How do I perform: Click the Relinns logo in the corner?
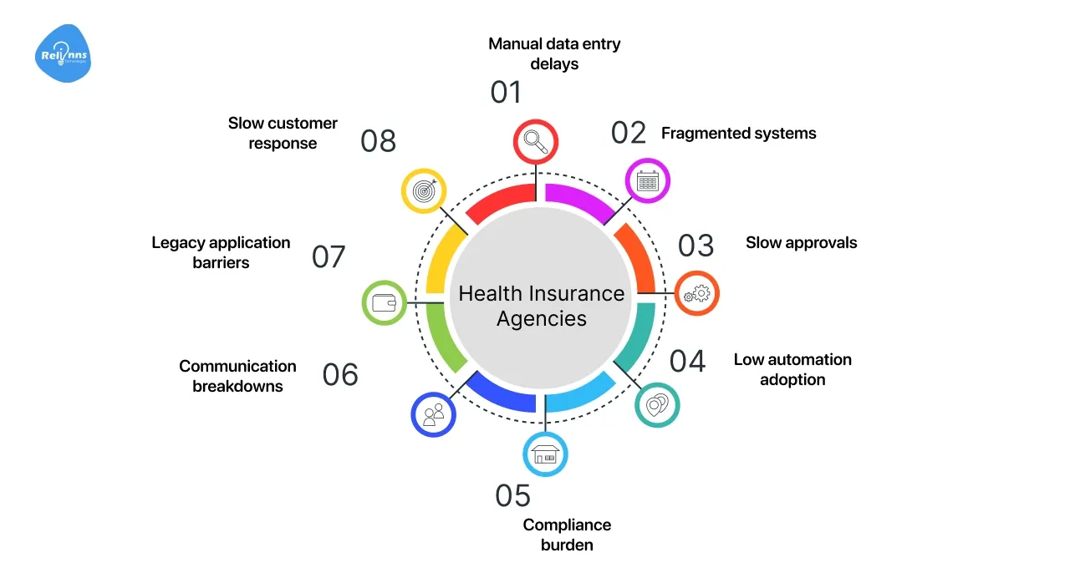[64, 54]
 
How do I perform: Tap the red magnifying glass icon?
[534, 142]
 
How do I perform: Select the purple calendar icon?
[648, 180]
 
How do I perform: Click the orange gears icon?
[696, 293]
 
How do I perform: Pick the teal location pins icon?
[657, 405]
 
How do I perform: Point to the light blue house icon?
[545, 454]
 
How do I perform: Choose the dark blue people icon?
[433, 413]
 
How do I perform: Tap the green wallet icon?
[385, 302]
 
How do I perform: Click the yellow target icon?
[424, 190]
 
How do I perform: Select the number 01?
[506, 93]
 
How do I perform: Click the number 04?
[688, 361]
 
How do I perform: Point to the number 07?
[329, 256]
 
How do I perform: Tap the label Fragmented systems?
[738, 133]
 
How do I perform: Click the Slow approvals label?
[801, 243]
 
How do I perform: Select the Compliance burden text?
[567, 535]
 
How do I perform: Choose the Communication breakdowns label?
[237, 376]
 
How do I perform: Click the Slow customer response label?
[283, 133]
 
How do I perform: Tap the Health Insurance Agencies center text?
[542, 306]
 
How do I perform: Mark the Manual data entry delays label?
[554, 53]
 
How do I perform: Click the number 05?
[512, 495]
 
